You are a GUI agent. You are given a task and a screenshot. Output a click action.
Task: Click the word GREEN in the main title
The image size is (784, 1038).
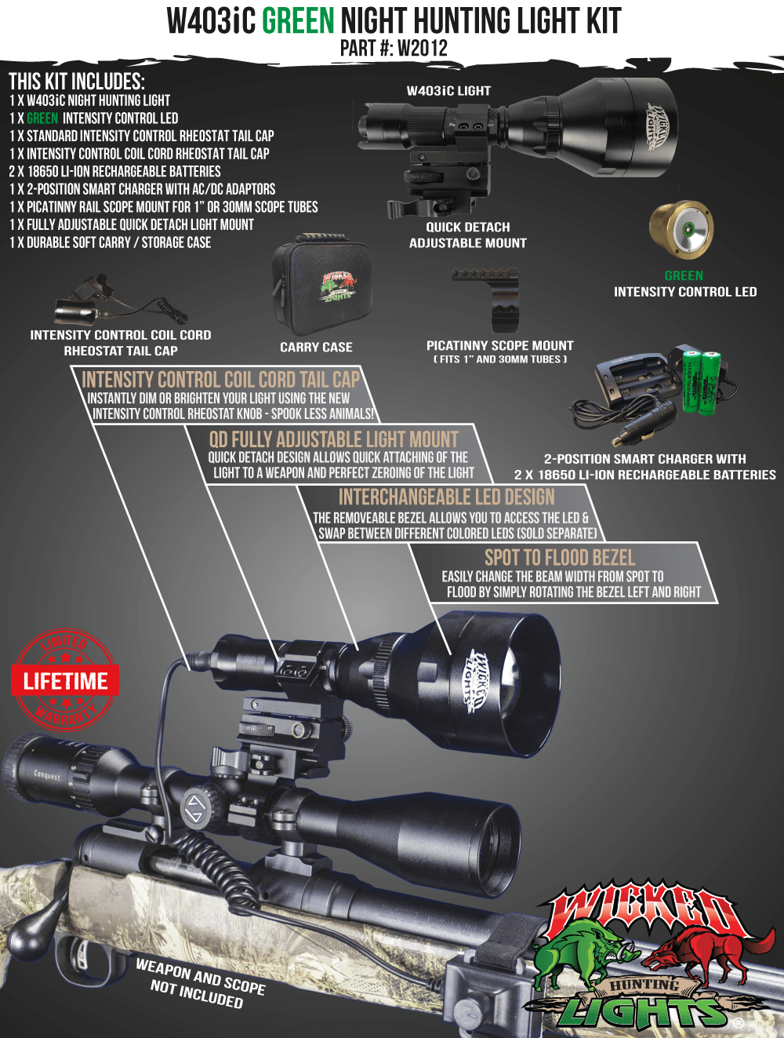coord(298,21)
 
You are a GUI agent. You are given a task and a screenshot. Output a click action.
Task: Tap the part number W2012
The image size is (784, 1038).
coord(423,48)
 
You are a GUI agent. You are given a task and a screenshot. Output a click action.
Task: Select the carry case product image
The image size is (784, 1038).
coord(321,284)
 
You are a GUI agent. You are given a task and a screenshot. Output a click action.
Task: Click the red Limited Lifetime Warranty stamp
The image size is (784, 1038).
coord(65,679)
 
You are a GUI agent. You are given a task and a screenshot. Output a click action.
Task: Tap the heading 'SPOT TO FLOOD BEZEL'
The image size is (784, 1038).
coord(560,558)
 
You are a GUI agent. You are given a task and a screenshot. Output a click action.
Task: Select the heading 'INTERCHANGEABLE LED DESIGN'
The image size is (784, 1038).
coord(447,497)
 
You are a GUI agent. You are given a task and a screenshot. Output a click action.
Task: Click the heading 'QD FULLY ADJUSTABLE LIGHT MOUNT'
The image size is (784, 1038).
coord(334,439)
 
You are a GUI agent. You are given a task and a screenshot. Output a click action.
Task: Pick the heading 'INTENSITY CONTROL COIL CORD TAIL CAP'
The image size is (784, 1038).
coord(220,380)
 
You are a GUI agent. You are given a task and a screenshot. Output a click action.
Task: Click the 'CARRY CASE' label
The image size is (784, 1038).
coord(316,347)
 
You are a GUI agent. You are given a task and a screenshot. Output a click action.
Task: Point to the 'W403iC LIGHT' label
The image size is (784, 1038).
coord(448,91)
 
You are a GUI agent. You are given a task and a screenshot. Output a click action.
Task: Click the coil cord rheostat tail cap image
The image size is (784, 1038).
coord(121,300)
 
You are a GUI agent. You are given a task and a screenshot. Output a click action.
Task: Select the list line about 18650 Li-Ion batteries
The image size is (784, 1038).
coord(114,171)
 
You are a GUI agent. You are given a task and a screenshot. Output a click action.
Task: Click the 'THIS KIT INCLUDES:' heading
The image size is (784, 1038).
coord(77,82)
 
